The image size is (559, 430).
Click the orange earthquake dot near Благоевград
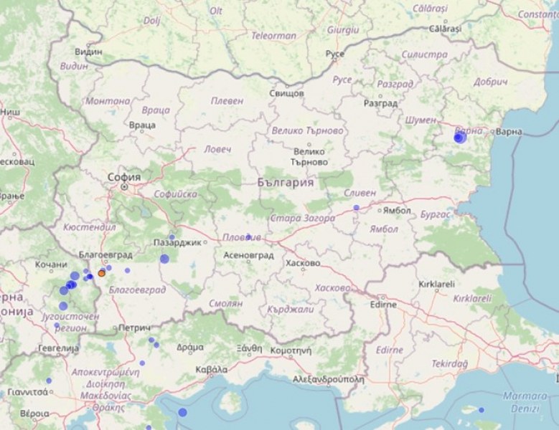[102, 273]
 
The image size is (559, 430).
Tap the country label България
[286, 183]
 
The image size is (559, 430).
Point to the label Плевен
[227, 101]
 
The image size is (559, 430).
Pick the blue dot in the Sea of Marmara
[482, 410]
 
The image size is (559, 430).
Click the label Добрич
[492, 81]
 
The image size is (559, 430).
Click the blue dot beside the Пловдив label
[248, 236]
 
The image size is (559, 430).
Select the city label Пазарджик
[178, 243]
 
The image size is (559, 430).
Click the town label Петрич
[135, 327]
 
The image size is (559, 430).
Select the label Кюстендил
[90, 227]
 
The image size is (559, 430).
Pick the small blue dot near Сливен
[356, 207]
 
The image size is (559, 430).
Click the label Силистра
[425, 54]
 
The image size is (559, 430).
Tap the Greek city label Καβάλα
[212, 370]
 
